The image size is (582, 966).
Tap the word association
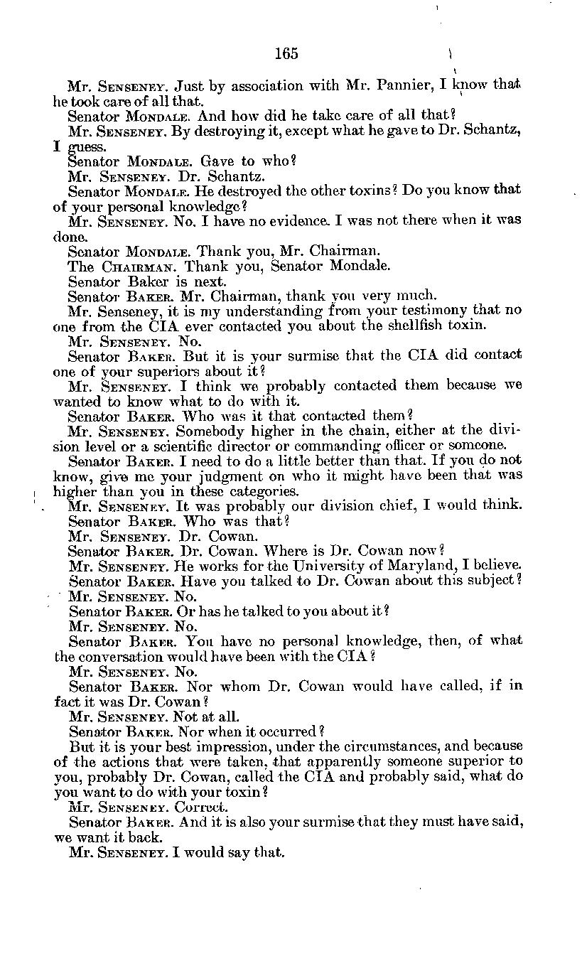pos(268,86)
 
